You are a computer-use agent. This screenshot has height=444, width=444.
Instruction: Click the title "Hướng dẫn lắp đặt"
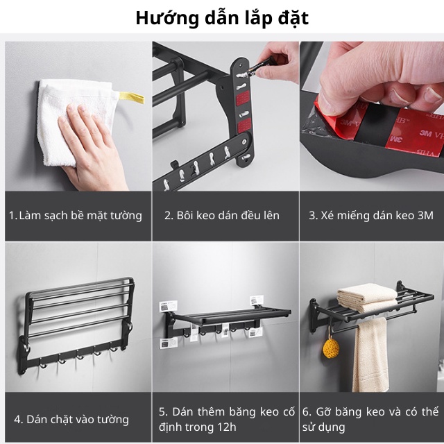(222, 19)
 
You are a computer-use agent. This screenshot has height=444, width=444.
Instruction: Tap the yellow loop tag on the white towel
(132, 97)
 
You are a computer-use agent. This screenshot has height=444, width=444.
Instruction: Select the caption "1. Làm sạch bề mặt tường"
(76, 216)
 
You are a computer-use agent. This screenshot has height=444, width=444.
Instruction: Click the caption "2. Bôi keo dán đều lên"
(222, 216)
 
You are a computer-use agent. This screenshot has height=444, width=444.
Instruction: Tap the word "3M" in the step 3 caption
(425, 216)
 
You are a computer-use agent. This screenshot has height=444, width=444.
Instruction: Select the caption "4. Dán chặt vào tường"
(71, 419)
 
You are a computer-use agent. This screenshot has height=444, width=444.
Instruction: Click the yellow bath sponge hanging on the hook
(331, 348)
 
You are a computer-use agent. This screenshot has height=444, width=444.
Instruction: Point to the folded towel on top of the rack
(368, 298)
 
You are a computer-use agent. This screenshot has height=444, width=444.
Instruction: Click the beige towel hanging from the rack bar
(370, 355)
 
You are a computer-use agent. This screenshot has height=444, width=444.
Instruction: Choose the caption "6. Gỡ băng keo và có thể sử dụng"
(370, 419)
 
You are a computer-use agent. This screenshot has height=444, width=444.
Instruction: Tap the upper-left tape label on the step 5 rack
(168, 307)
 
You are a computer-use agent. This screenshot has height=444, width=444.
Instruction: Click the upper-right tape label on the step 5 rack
(257, 300)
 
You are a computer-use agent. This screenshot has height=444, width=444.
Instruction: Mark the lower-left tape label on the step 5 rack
(168, 343)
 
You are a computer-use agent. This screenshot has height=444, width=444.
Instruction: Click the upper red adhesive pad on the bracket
(243, 98)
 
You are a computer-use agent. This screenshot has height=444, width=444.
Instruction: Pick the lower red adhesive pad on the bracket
(244, 126)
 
